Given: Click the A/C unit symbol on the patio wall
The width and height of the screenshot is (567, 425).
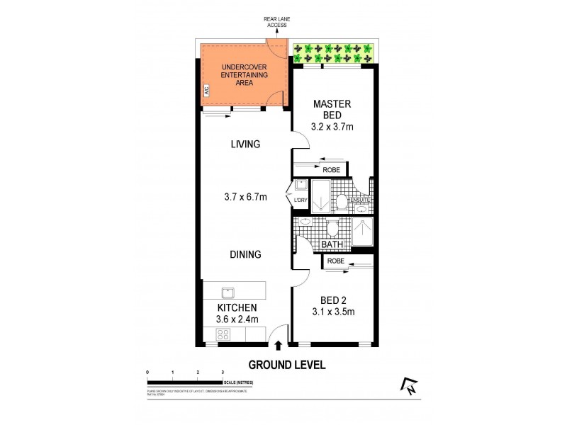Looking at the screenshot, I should (x=206, y=91).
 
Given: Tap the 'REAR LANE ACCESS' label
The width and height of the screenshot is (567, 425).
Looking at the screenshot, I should (x=276, y=23).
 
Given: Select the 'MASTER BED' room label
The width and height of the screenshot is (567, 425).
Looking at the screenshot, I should (x=332, y=109).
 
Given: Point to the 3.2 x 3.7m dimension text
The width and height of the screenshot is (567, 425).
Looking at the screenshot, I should (x=332, y=127).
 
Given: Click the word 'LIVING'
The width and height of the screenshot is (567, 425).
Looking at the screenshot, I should (x=245, y=144).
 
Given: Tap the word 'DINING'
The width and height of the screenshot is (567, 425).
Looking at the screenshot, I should (x=245, y=254).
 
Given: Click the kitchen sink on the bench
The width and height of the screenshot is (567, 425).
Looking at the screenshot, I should (x=228, y=292).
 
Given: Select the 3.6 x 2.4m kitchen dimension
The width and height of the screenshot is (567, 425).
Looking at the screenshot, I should (x=237, y=319).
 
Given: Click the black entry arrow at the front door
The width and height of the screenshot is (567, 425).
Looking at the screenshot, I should (x=278, y=346).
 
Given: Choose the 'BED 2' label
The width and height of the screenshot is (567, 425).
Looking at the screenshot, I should (x=332, y=300).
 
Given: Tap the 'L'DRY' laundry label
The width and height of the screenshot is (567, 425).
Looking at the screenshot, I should (x=301, y=200).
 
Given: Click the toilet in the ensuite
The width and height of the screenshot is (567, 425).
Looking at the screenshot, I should (x=341, y=202).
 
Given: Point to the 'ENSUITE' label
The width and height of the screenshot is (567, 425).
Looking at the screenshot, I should (x=361, y=200).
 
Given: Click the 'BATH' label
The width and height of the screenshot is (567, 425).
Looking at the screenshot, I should (x=332, y=245).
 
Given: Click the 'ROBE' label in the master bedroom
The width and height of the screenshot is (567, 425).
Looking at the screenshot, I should (x=332, y=170).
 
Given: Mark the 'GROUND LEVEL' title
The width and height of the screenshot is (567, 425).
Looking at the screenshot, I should (x=286, y=365).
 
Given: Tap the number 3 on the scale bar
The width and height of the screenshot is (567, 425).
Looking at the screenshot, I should (x=223, y=372).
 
